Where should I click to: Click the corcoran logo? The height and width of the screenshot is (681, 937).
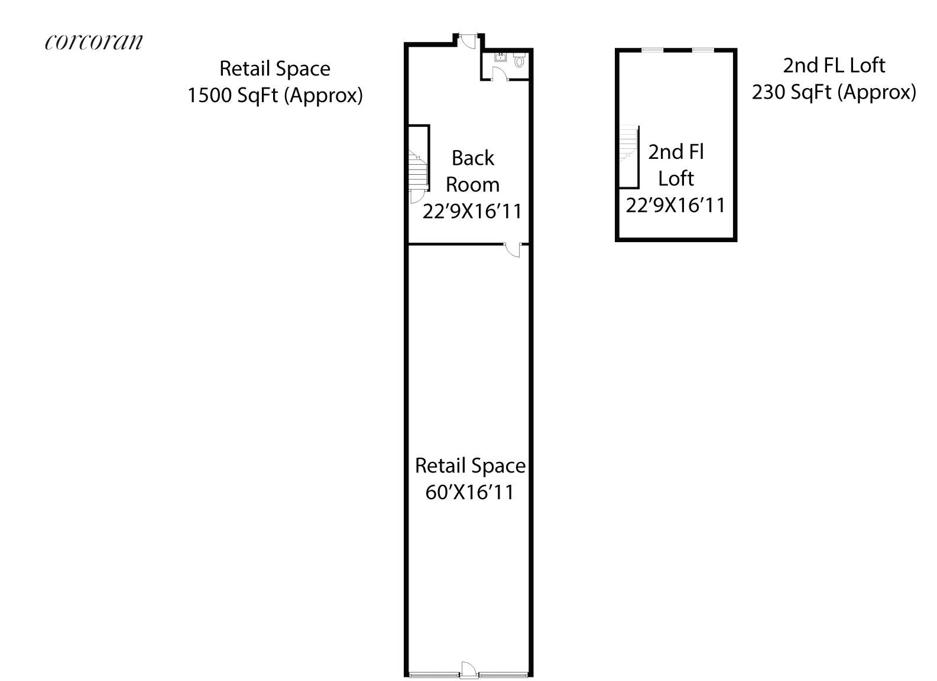click(94, 42)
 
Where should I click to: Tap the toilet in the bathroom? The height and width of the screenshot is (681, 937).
click(520, 60)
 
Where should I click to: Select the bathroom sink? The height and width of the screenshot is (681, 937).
click(500, 57)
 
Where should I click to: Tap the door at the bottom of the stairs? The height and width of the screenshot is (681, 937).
click(417, 195)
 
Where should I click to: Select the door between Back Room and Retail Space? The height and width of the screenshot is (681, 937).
click(513, 249)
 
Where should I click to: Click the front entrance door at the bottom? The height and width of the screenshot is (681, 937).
click(468, 669)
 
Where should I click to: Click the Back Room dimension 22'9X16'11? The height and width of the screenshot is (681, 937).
click(472, 211)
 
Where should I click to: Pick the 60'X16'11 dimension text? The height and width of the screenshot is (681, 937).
click(469, 492)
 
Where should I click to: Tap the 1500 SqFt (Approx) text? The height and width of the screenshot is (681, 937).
click(275, 95)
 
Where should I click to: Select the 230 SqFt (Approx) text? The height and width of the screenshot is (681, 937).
click(834, 92)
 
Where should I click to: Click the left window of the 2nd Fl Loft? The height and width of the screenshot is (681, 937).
click(653, 50)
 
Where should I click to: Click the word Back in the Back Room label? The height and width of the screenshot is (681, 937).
click(472, 158)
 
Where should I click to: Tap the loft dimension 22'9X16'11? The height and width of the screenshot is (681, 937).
click(675, 206)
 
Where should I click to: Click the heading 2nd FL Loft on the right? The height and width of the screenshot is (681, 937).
click(834, 66)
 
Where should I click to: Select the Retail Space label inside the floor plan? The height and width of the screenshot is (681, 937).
click(470, 466)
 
